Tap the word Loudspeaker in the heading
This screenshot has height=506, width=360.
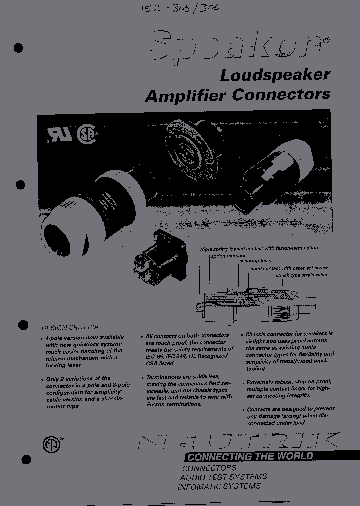pyautogui.click(x=275, y=75)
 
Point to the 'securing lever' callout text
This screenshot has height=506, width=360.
pyautogui.click(x=256, y=261)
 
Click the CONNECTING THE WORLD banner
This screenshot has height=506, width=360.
pyautogui.click(x=250, y=456)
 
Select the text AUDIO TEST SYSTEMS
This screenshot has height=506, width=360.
pyautogui.click(x=223, y=477)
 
